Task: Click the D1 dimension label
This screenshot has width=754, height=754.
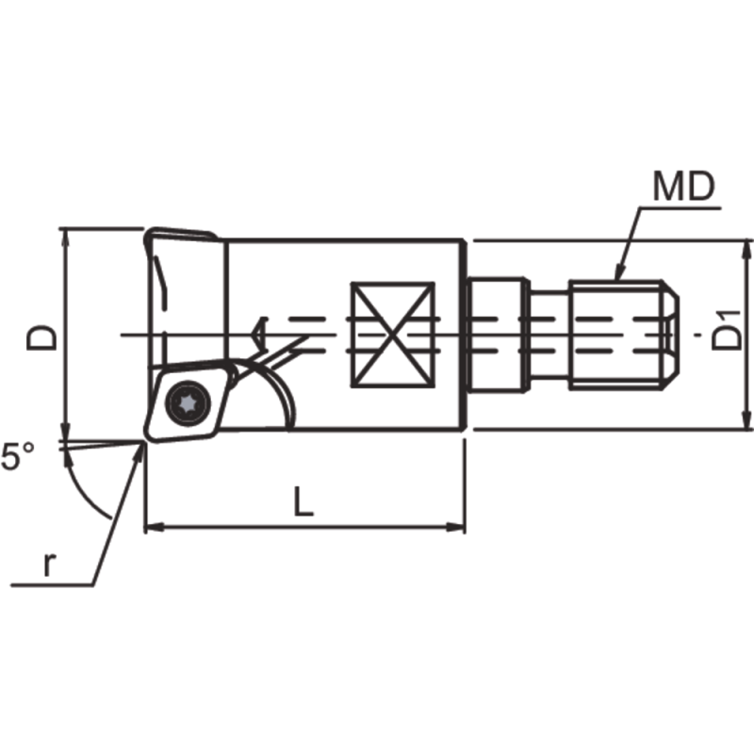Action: click(x=727, y=334)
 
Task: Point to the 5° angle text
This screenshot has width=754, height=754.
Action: click(x=18, y=459)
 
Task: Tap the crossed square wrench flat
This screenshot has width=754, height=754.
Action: click(x=392, y=335)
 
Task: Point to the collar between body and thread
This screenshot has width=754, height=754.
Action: click(x=497, y=335)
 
